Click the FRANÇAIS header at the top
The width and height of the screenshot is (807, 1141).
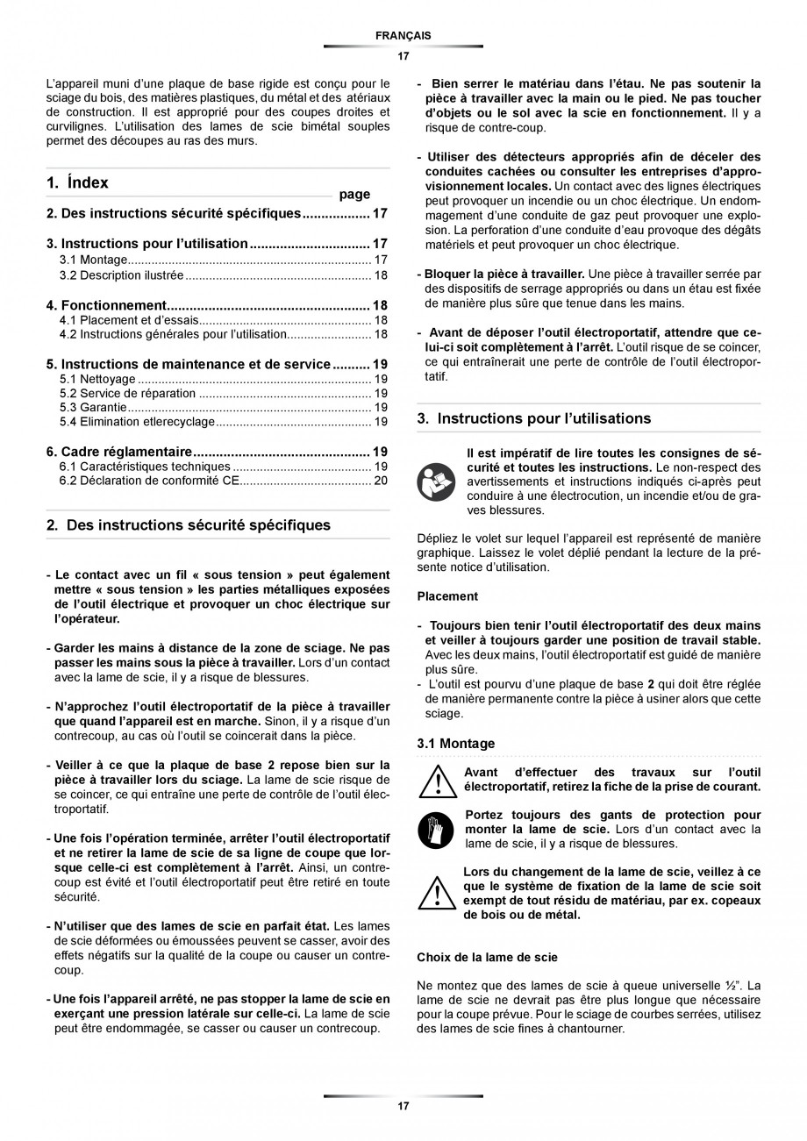403,35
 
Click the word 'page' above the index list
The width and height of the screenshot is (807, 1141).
354,195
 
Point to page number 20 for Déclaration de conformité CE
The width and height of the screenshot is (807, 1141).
380,481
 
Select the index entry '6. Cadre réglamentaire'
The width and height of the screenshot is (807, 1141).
118,452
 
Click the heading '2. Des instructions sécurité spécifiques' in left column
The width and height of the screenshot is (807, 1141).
188,525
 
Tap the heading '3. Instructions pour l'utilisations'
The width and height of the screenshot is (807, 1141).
533,418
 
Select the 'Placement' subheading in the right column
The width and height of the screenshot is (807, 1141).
447,596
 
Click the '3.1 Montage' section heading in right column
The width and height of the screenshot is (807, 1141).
455,744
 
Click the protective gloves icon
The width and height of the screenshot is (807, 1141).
436,828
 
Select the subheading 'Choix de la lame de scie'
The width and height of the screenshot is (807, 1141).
487,957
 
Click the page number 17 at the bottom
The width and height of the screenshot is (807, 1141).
403,1107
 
